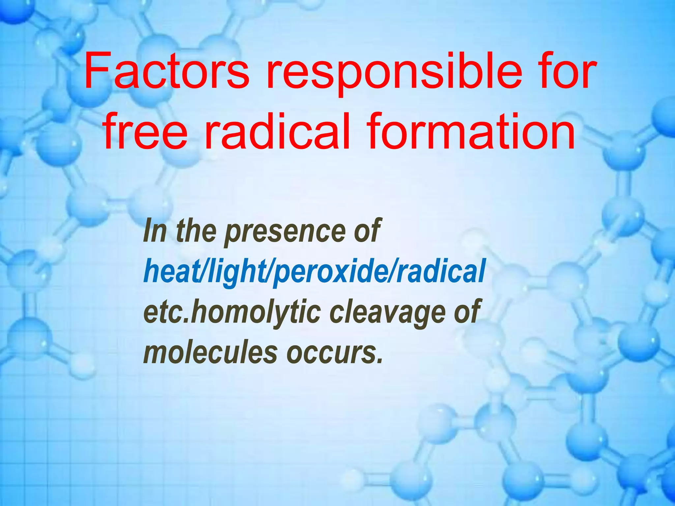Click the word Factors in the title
point(166,72)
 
